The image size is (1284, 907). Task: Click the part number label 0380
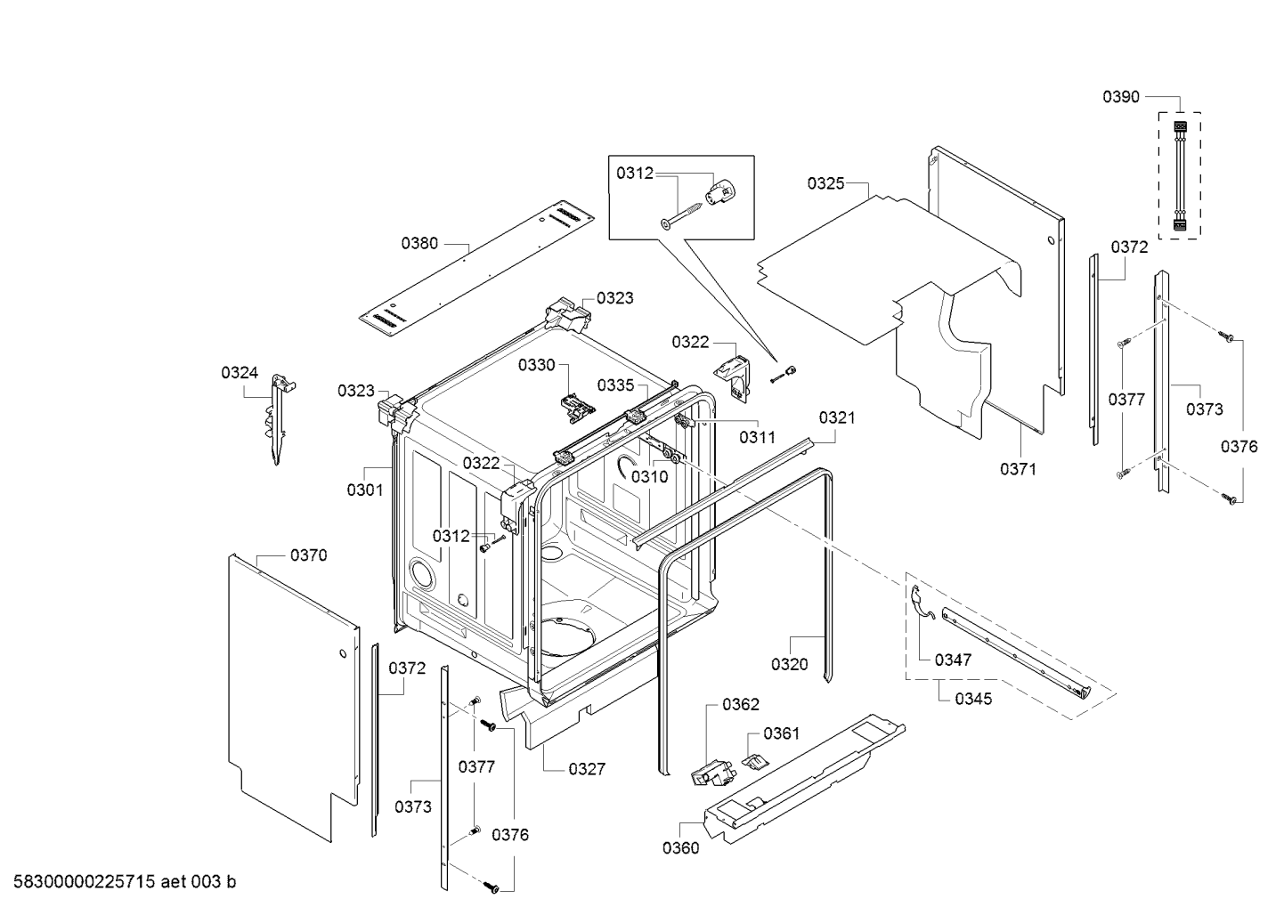coord(419,242)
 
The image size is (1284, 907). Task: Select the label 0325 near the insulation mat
coord(825,183)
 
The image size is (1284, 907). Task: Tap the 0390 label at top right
coord(1120,97)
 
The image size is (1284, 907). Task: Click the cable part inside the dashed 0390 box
coord(1179,176)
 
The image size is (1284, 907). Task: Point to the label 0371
coord(1018,469)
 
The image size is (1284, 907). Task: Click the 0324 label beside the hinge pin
coord(240,373)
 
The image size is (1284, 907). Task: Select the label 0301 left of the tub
coord(364,489)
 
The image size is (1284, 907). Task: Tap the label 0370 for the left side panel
coord(308,555)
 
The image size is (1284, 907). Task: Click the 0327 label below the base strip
coord(587,769)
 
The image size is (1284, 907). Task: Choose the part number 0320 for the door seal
coord(789,664)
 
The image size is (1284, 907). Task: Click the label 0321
coord(837,417)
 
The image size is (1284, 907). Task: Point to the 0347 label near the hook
coord(953,660)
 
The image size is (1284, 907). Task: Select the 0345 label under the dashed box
coord(973,699)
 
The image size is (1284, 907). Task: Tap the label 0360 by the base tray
coord(680,847)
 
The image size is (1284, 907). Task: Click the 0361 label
coord(781,733)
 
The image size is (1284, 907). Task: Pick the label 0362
coord(740,704)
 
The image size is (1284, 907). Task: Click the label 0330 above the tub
coord(536,365)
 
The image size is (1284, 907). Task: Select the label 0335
coord(615,385)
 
